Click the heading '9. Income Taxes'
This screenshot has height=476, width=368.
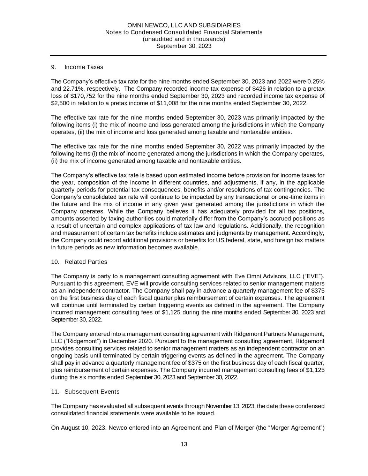click(77, 67)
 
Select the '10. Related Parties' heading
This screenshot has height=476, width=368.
click(79, 262)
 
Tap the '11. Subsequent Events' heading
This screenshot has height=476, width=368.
click(85, 392)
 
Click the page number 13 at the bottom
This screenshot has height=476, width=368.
click(184, 444)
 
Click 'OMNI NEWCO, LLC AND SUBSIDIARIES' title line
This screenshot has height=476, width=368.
click(184, 25)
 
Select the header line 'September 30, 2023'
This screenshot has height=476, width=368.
click(184, 46)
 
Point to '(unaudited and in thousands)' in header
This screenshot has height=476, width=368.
click(184, 39)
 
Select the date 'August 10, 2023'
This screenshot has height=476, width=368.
click(84, 428)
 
